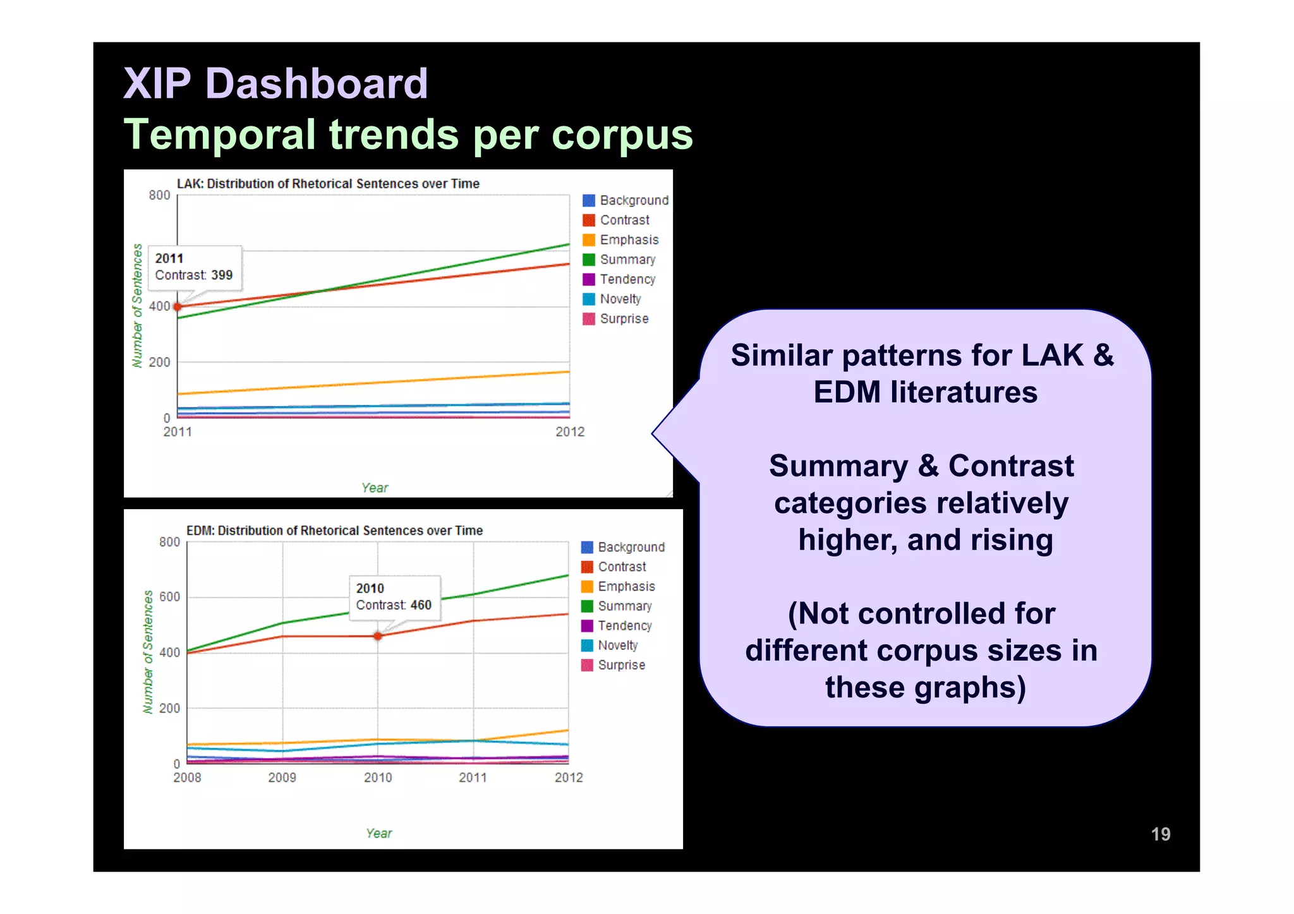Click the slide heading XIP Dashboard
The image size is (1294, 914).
[x=275, y=83]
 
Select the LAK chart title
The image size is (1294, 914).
[x=328, y=184]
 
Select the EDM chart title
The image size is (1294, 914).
[x=334, y=531]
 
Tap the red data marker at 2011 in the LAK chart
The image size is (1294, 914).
[x=178, y=307]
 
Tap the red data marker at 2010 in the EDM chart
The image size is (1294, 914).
[x=378, y=636]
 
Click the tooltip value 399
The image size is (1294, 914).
[x=222, y=275]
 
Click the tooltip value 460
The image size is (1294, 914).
[x=421, y=605]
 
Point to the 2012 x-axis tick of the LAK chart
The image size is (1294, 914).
[x=570, y=432]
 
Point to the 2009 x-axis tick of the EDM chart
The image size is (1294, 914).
[x=282, y=778]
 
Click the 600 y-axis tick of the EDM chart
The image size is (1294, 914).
[x=169, y=597]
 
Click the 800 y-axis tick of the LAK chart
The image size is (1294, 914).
[x=159, y=195]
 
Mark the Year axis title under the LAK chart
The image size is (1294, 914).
[x=375, y=488]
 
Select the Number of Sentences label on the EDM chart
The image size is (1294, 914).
[x=148, y=652]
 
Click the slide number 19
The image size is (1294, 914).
[x=1160, y=834]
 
